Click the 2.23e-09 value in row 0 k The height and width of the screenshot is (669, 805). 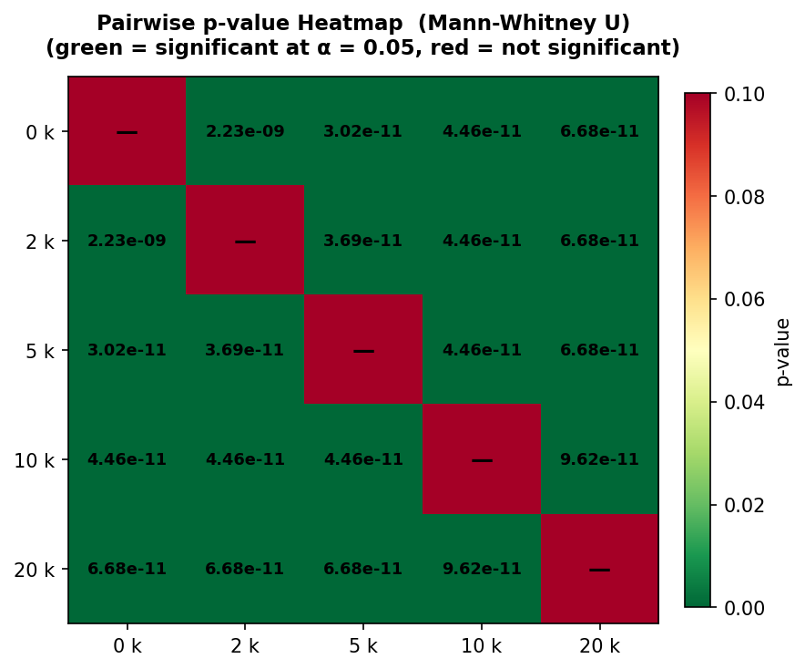[x=245, y=131]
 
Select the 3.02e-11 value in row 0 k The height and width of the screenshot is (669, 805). [x=362, y=131]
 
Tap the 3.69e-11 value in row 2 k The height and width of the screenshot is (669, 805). [x=362, y=241]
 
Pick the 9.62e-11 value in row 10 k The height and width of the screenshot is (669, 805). [x=599, y=459]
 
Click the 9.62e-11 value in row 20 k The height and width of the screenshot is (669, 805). [x=481, y=569]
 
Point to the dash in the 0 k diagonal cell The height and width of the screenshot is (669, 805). [x=127, y=132]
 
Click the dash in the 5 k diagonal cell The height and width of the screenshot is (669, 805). [x=363, y=351]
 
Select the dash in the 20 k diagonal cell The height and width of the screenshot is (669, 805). [x=599, y=570]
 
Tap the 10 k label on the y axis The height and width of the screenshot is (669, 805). [x=36, y=460]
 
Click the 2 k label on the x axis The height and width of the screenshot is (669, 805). [x=245, y=646]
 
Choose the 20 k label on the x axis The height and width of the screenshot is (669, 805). [x=599, y=646]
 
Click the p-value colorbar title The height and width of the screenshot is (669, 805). [x=783, y=351]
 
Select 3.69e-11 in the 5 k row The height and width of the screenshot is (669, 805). [x=245, y=350]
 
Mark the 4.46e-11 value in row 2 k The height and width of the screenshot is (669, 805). [x=481, y=241]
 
